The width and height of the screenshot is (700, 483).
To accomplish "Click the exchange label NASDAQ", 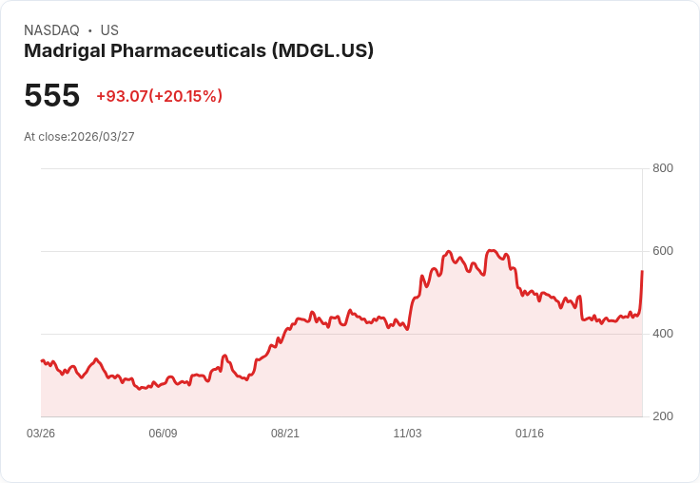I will (x=51, y=30).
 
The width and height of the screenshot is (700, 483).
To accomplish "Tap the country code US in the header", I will (x=109, y=30).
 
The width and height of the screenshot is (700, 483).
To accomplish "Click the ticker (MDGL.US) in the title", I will (x=322, y=51).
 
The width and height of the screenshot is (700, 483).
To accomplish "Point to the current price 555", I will (x=51, y=96).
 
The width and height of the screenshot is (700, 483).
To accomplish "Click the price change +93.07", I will (x=122, y=96).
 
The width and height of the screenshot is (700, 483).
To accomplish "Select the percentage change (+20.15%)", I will (x=185, y=96).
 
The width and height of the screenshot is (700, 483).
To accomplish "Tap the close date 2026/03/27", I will (x=103, y=137).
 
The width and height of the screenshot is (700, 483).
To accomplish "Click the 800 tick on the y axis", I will (x=663, y=168).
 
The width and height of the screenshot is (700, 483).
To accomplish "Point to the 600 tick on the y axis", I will (x=663, y=251).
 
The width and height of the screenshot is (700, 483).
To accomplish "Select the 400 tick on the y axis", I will (x=663, y=334).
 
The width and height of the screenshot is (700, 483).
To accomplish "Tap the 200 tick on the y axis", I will (x=663, y=416).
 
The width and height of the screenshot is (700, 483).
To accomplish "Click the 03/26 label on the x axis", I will (x=41, y=434).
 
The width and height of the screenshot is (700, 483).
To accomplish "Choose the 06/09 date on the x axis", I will (x=163, y=434).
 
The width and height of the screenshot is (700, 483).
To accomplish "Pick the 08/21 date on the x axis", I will (x=285, y=434).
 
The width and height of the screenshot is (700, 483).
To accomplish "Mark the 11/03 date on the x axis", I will (x=407, y=434).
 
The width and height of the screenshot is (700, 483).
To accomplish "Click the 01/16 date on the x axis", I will (x=530, y=434).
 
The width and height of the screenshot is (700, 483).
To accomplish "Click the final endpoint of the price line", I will (x=642, y=272).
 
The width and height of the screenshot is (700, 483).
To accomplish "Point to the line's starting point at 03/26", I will (x=42, y=360).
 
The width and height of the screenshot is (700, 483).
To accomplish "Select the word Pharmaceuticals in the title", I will (x=186, y=51).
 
